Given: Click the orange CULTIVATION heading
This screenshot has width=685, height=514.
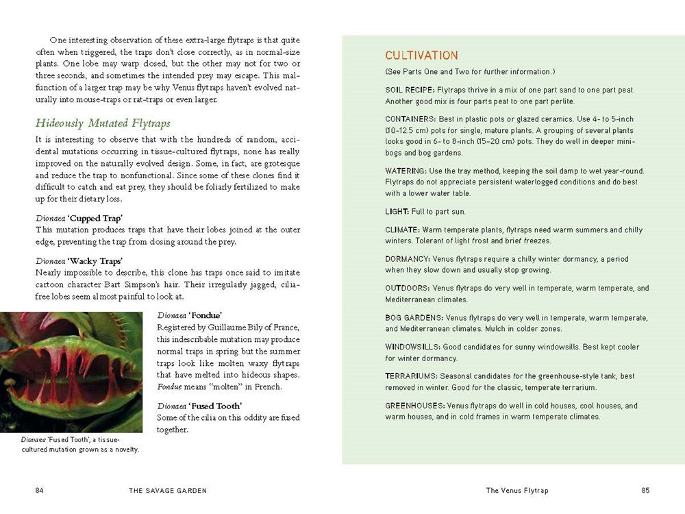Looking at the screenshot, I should [x=421, y=56].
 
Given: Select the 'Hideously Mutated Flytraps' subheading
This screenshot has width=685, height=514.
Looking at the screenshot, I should [x=103, y=123].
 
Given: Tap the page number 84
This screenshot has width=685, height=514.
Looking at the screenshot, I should [x=40, y=490].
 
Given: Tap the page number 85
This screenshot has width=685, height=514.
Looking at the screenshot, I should [x=645, y=490].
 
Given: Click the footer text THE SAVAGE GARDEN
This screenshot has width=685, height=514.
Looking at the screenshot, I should [x=168, y=490].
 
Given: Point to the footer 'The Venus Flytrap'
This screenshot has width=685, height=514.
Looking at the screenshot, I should [x=517, y=490].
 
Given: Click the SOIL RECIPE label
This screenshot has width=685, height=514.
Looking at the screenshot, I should [x=410, y=90].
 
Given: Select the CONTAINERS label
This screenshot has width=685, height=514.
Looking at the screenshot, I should [x=410, y=119].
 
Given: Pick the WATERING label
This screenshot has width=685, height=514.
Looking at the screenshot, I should [x=408, y=171].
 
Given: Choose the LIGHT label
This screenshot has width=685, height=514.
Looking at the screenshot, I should [x=397, y=212].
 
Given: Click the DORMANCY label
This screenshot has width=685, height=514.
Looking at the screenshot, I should [x=408, y=259].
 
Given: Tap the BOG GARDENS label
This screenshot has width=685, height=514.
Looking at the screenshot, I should [x=414, y=318].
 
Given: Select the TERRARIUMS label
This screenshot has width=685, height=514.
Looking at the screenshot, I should [x=411, y=376].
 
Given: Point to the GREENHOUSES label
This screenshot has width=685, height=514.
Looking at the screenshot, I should [x=414, y=406].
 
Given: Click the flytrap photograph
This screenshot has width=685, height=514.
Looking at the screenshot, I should [x=71, y=372].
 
